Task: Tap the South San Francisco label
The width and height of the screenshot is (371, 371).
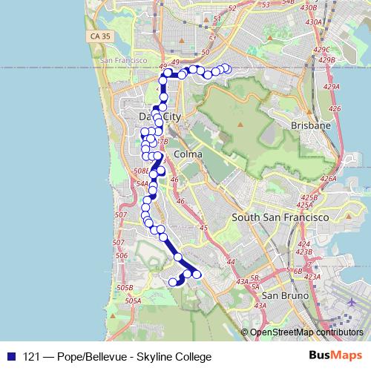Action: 280,217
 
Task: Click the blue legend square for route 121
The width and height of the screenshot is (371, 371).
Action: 9,356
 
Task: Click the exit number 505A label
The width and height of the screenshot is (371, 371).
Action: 134,301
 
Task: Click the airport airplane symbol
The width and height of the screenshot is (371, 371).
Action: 351,303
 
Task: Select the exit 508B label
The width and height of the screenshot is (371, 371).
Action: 141,171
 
